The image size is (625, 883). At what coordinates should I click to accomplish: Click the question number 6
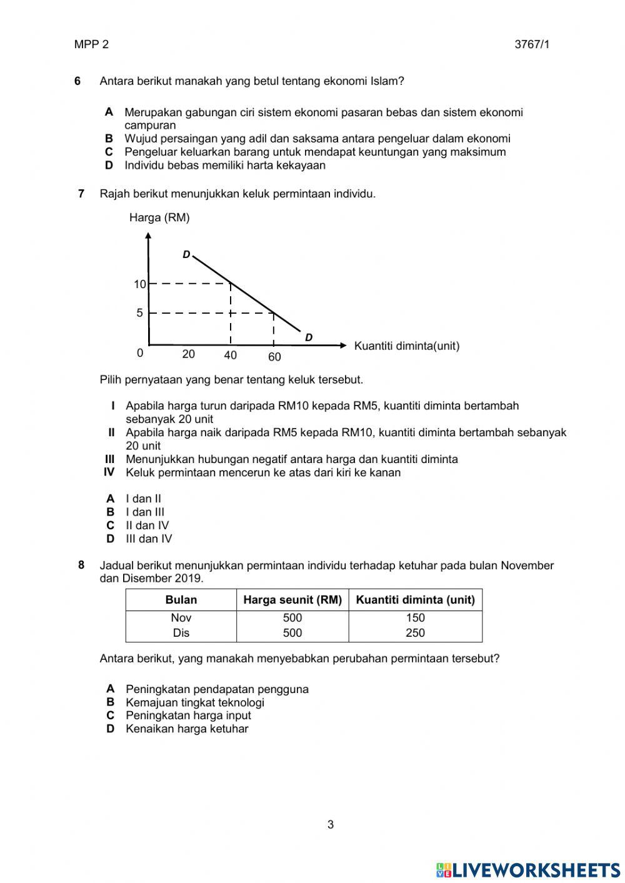[x=77, y=81]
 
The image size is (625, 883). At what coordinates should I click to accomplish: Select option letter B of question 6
[x=109, y=139]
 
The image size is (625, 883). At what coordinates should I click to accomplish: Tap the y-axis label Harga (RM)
[x=159, y=217]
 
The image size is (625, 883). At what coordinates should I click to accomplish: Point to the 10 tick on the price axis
[x=139, y=284]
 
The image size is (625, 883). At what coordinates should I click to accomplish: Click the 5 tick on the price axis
[x=140, y=313]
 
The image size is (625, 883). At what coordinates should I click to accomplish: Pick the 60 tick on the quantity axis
[x=274, y=357]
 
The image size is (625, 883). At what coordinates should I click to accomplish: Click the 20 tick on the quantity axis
[x=188, y=354]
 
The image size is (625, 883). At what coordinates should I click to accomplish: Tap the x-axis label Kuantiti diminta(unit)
[x=406, y=346]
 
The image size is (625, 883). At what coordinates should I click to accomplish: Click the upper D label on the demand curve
[x=186, y=255]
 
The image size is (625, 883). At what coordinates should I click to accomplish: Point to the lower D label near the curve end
[x=309, y=337]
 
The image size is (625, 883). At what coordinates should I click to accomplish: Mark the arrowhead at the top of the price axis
[x=148, y=236]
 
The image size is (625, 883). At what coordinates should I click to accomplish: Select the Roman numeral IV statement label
[x=109, y=472]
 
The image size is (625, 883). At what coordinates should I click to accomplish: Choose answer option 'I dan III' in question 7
[x=145, y=512]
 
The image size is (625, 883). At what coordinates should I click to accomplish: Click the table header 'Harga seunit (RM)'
[x=292, y=600]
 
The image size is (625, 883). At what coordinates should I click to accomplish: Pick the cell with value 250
[x=415, y=633]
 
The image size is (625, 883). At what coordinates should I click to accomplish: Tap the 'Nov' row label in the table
[x=181, y=618]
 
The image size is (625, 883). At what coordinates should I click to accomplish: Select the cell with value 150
[x=415, y=618]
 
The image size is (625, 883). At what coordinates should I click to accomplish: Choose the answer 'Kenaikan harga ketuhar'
[x=187, y=729]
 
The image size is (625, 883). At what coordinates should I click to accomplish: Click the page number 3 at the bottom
[x=331, y=825]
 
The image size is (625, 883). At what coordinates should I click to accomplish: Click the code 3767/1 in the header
[x=532, y=44]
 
